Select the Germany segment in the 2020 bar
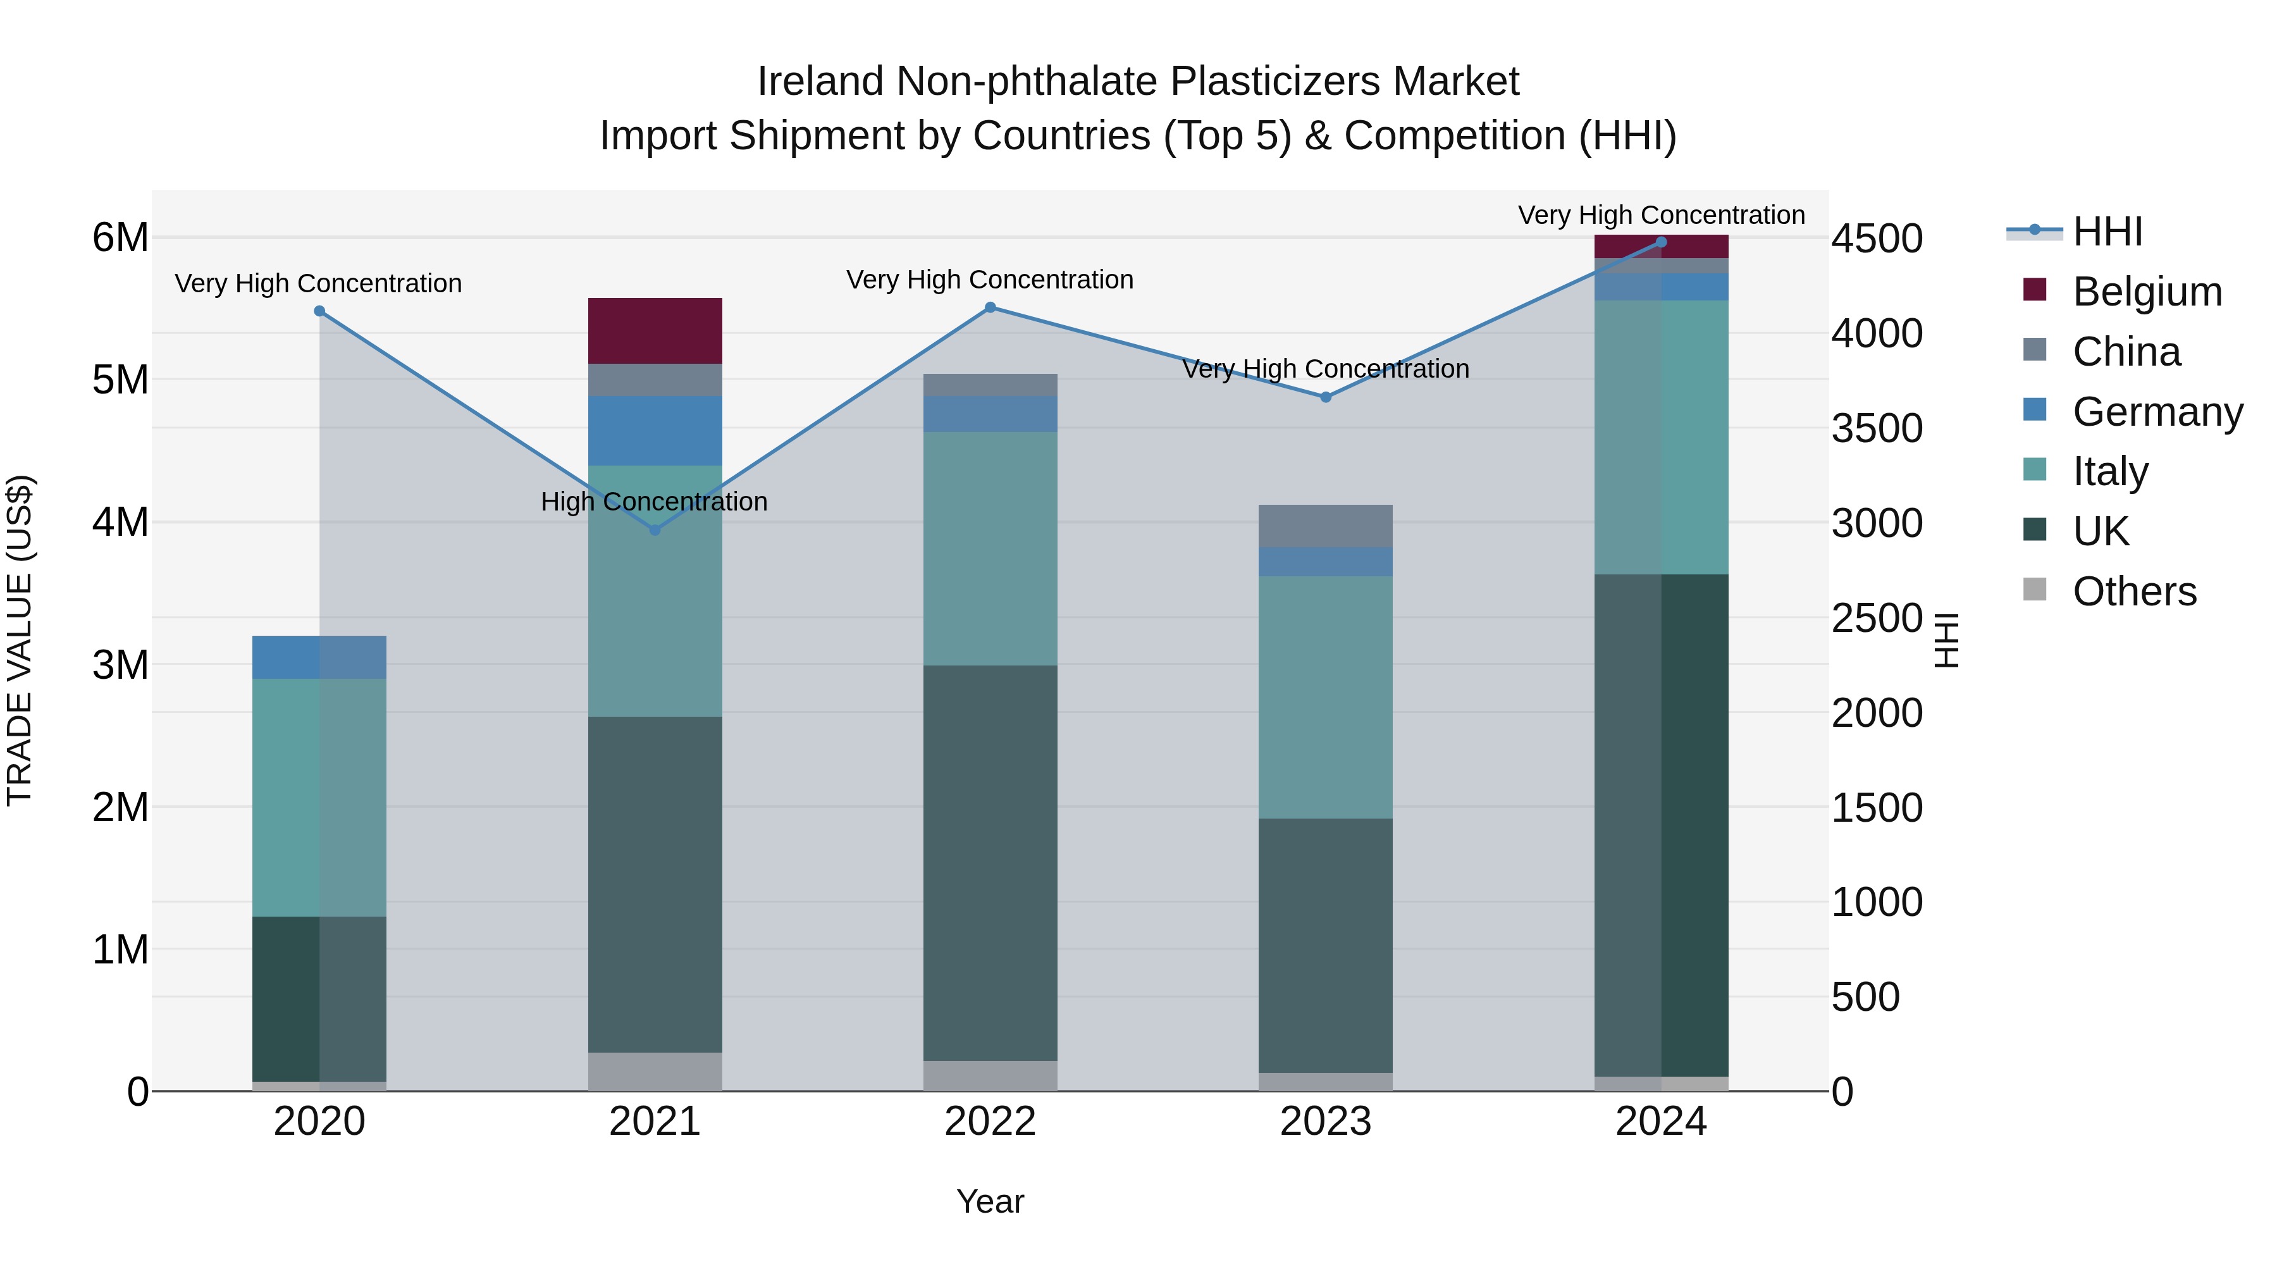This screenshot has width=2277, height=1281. pos(319,657)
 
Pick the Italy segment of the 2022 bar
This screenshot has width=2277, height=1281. pos(990,548)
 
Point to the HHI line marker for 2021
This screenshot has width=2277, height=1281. pos(655,529)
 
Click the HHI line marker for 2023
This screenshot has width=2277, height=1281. pos(1325,397)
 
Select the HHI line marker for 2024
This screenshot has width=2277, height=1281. pos(1661,242)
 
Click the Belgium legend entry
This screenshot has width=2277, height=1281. pos(2146,292)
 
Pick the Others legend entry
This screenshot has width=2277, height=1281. pos(2134,591)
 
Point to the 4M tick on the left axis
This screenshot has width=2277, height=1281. pos(120,522)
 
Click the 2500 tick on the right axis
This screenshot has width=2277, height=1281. pos(1876,618)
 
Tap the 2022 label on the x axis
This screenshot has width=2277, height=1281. pos(990,1121)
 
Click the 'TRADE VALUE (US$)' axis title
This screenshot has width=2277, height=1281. pos(20,640)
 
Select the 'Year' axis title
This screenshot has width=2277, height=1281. pos(990,1201)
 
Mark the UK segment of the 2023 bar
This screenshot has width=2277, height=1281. pos(1325,944)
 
